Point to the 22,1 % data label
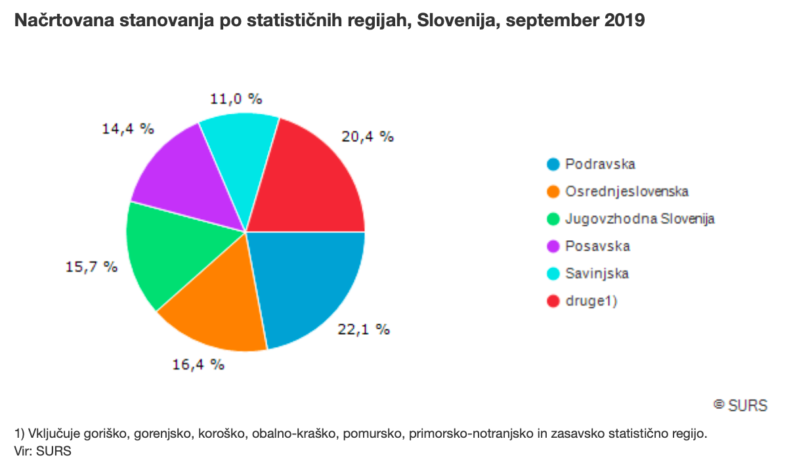(364, 329)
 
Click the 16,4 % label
(198, 364)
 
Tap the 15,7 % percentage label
(92, 267)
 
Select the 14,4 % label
(128, 129)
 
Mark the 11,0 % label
(236, 99)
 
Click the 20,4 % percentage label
(367, 137)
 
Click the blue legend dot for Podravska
(553, 165)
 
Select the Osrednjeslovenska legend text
(626, 192)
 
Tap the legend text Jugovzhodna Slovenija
(639, 219)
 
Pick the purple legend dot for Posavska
(553, 247)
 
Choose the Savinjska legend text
(597, 274)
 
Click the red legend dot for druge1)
(553, 301)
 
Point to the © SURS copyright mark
(740, 405)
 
